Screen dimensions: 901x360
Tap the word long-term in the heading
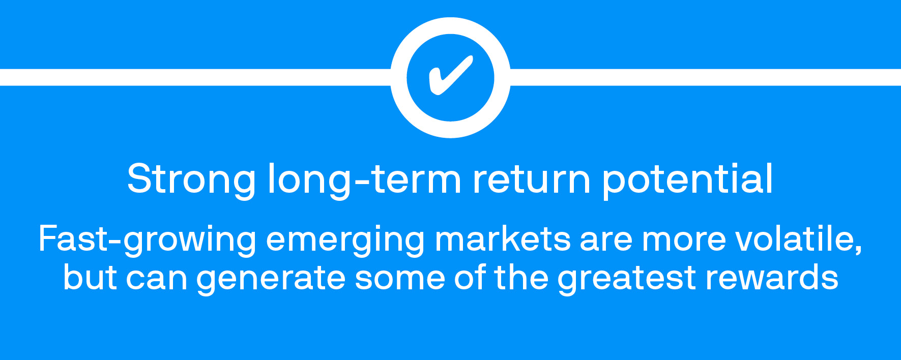tap(364, 179)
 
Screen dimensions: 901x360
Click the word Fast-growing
tap(148, 239)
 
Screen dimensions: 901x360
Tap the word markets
tap(503, 238)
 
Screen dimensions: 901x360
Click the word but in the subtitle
tap(90, 278)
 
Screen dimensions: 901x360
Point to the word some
tap(399, 280)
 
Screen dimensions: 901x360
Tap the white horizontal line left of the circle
tap(195, 77)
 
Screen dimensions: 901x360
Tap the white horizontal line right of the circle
tap(705, 77)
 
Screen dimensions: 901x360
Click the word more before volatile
tap(684, 241)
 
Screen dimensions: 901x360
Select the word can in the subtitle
tap(156, 280)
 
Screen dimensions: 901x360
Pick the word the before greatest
tap(521, 278)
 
